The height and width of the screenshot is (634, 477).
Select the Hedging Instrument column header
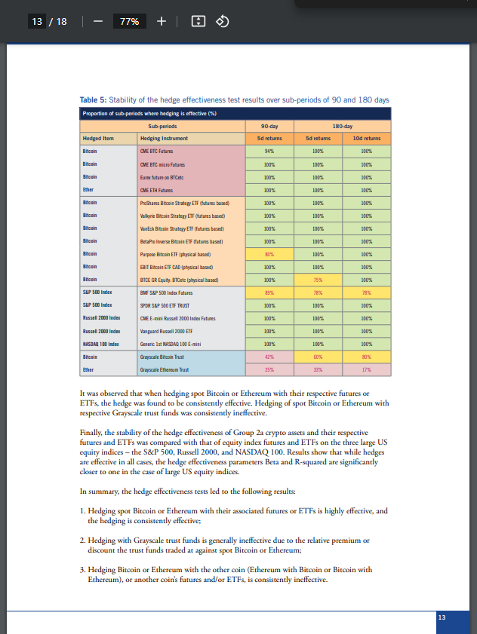pos(164,139)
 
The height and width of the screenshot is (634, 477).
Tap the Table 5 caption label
pos(94,100)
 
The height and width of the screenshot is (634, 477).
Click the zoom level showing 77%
pos(129,21)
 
